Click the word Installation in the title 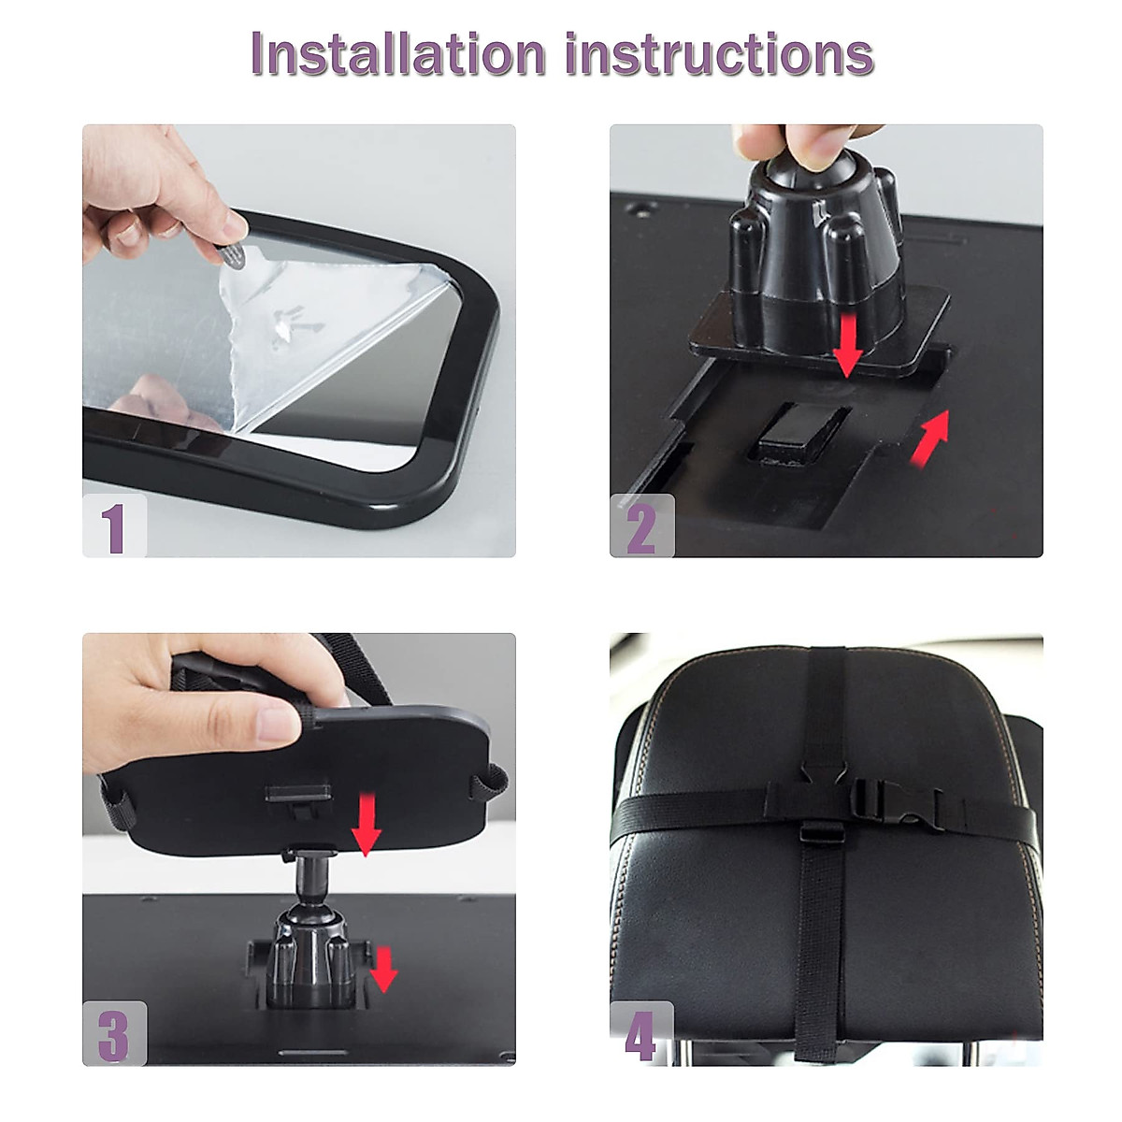(398, 54)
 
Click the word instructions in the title (719, 54)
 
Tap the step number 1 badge (115, 525)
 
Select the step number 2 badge (641, 525)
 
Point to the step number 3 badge (115, 1034)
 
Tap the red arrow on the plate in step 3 (366, 823)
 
